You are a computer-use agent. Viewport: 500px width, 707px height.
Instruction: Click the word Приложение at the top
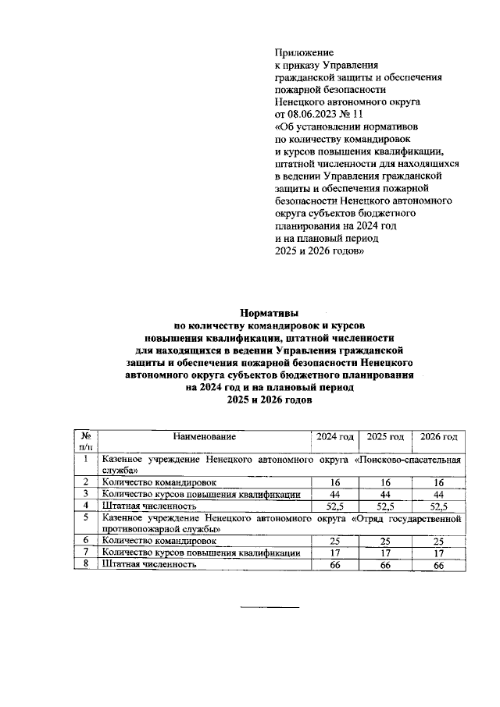pyautogui.click(x=301, y=51)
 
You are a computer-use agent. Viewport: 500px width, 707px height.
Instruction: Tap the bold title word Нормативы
pyautogui.click(x=269, y=311)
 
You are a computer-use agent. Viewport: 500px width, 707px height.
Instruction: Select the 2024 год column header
pyautogui.click(x=334, y=436)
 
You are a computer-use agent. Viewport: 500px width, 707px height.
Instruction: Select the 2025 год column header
pyautogui.click(x=386, y=436)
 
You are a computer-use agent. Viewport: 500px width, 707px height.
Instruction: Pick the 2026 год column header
pyautogui.click(x=438, y=436)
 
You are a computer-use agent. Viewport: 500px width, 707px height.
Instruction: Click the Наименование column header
pyautogui.click(x=205, y=436)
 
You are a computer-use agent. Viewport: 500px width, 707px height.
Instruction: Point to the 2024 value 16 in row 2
pyautogui.click(x=334, y=483)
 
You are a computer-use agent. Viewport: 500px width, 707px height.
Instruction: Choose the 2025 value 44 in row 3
pyautogui.click(x=386, y=495)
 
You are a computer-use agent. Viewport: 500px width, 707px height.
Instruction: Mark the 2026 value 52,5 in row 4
pyautogui.click(x=438, y=506)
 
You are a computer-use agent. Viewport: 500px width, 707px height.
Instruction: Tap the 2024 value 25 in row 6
pyautogui.click(x=334, y=541)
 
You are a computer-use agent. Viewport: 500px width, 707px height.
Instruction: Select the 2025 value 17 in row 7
pyautogui.click(x=386, y=552)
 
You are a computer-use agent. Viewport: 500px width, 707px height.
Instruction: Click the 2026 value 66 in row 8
pyautogui.click(x=438, y=564)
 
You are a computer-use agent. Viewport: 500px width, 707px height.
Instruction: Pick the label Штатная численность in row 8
pyautogui.click(x=148, y=564)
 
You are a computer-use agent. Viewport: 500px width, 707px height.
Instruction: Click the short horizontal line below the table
pyautogui.click(x=269, y=606)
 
